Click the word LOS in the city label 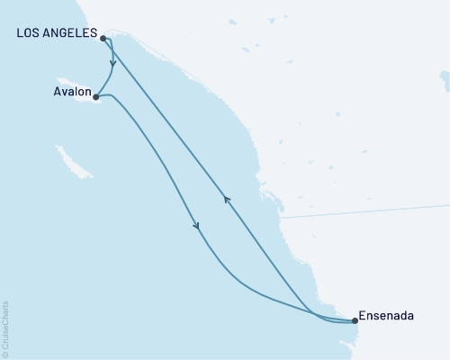[28, 33]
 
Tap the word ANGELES [70, 33]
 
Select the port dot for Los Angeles [103, 39]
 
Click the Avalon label [71, 91]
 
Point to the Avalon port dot [95, 97]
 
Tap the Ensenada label [388, 316]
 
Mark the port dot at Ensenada [355, 320]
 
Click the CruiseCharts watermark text [5, 325]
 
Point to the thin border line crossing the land [360, 212]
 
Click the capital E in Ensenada [363, 316]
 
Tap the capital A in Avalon [56, 91]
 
